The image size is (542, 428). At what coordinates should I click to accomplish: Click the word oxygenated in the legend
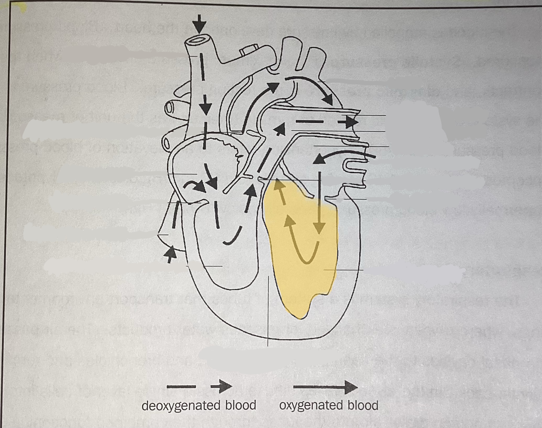[311, 405]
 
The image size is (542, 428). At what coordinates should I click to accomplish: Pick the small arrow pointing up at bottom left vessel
[170, 253]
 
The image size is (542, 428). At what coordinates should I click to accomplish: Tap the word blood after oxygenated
[363, 405]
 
